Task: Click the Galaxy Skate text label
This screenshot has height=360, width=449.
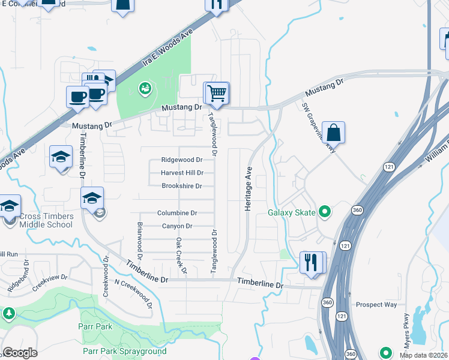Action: coord(291,212)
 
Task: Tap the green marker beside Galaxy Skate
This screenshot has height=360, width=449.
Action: coord(325,211)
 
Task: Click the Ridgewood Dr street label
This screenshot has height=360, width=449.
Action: coord(182,160)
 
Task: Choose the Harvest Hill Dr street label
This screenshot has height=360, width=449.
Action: coord(182,173)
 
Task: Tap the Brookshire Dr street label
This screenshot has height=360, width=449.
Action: coord(182,187)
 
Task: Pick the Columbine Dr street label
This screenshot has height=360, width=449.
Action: coord(177,213)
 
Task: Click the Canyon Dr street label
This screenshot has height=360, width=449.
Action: coord(177,226)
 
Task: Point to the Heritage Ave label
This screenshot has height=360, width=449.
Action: coord(247,188)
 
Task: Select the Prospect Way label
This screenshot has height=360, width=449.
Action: coord(376,305)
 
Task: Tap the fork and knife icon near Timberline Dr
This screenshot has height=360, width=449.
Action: coord(311,263)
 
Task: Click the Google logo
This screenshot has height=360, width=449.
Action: coord(20,353)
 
